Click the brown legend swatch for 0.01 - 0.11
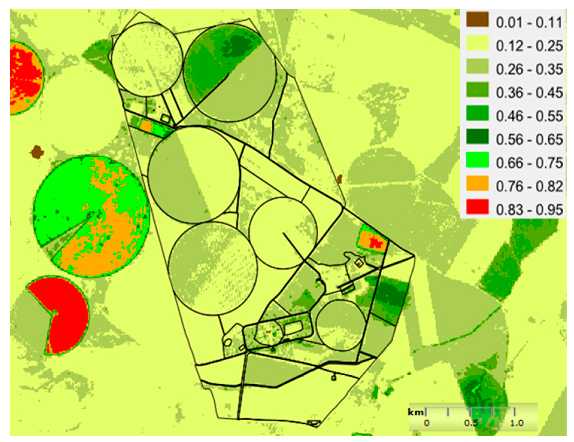477,20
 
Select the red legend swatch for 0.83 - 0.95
477,207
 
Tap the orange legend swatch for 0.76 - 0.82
477,183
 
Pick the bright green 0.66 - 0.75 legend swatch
477,160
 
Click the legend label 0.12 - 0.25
529,46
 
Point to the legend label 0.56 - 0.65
529,139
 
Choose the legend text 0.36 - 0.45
529,93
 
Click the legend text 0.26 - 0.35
529,69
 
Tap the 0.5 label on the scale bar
471,423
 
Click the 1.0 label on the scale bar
516,423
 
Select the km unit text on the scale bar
415,412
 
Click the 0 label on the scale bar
427,423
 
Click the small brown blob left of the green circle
37,152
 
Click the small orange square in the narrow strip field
146,126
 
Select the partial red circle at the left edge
24,78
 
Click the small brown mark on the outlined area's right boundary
339,179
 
